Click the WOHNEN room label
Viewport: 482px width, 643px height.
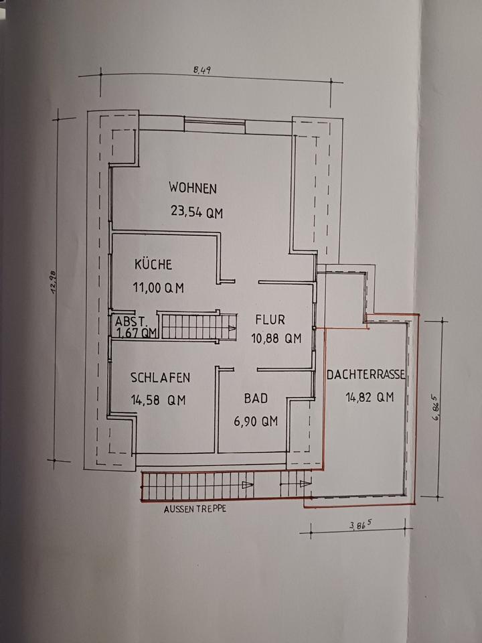click(x=193, y=188)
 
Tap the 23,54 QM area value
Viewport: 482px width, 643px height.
click(x=196, y=213)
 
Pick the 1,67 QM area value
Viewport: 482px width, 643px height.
click(x=136, y=332)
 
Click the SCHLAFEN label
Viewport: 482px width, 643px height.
click(x=160, y=378)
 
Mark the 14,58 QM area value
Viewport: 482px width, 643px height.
click(x=158, y=401)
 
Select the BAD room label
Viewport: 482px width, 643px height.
click(x=256, y=399)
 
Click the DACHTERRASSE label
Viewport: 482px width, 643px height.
click(x=366, y=376)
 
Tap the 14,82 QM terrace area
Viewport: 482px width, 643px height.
click(x=370, y=397)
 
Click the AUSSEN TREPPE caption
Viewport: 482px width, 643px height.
click(x=195, y=509)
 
